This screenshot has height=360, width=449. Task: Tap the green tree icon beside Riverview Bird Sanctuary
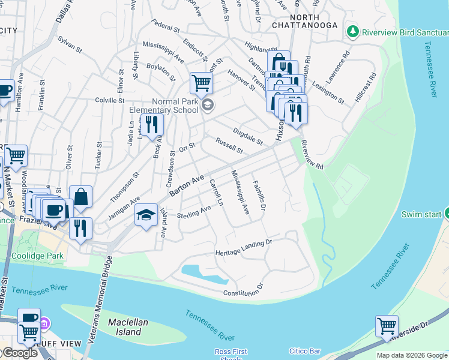[354, 31]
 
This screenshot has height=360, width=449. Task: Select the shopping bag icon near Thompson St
[80, 196]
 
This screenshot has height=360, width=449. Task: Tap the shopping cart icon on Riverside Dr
[387, 326]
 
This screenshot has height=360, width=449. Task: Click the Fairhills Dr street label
[259, 196]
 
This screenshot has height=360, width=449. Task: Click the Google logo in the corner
[19, 353]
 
